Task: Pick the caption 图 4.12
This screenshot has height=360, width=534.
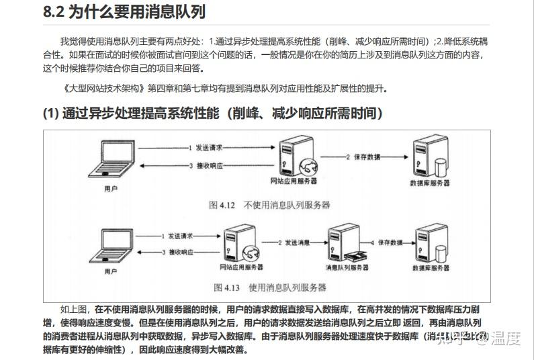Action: (x=222, y=205)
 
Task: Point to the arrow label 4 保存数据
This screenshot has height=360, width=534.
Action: (x=387, y=242)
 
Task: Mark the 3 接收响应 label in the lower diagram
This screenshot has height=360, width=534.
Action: (x=177, y=252)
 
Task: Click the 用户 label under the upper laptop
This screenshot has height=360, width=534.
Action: (x=113, y=189)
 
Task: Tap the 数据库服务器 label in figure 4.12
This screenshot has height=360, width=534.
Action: (x=429, y=183)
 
